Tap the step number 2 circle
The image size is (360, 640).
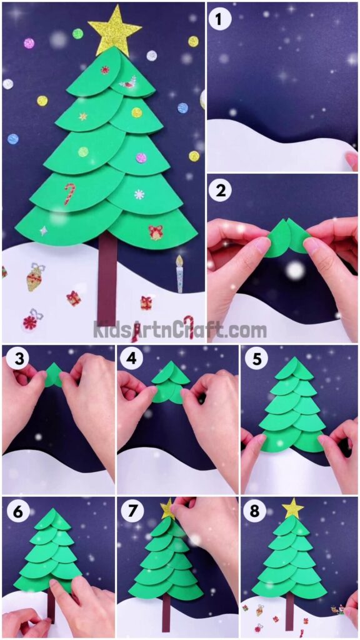[219, 191]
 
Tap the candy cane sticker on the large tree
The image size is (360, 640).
[69, 193]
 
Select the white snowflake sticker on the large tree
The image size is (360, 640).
[139, 194]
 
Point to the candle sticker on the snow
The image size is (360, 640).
[180, 274]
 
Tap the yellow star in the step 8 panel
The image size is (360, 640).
[292, 508]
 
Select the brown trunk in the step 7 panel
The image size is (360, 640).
[166, 613]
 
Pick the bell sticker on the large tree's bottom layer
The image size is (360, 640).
[155, 232]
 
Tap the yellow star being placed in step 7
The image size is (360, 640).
[167, 509]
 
